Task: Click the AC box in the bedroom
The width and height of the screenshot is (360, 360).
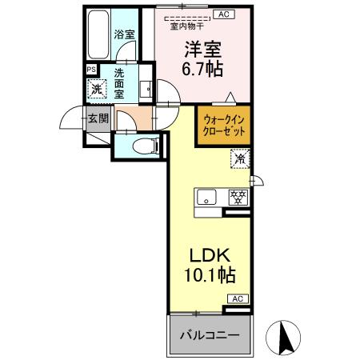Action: point(224,14)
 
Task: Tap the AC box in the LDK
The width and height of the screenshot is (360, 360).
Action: point(238,298)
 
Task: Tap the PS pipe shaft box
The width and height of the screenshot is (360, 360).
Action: point(90,70)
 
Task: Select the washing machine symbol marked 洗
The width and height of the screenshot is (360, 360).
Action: point(96,89)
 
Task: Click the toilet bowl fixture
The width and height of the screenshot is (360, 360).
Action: point(141,146)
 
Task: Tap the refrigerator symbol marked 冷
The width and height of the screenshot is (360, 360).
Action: point(239,158)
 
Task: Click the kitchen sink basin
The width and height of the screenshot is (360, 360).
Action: point(206,197)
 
